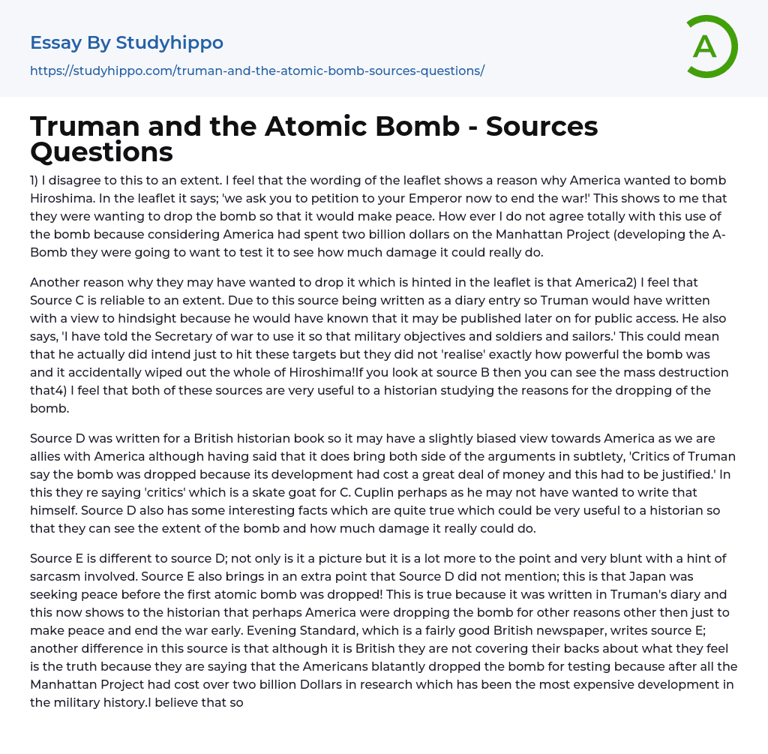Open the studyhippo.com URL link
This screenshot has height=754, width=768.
click(x=256, y=71)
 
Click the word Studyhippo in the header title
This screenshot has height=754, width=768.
click(x=169, y=43)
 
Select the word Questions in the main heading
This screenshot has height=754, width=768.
click(x=101, y=152)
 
